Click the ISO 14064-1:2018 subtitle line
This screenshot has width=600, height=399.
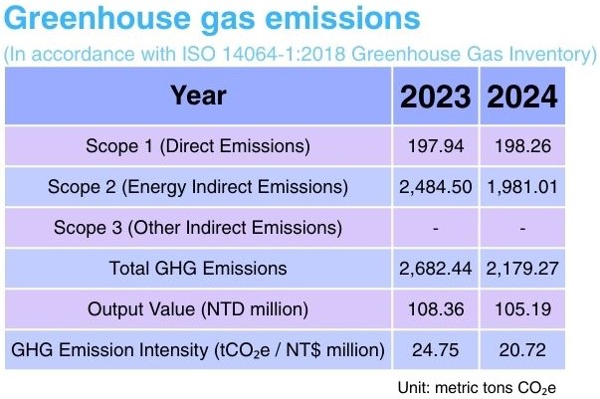coord(300,55)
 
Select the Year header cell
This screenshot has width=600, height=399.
coord(198,97)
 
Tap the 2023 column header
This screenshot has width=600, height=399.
coord(436,98)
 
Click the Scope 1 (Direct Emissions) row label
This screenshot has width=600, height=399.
coord(198,146)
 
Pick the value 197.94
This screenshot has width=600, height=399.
coord(436,146)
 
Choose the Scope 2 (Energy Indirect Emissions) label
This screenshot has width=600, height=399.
coord(198,187)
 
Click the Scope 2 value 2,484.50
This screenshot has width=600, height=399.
coord(436,187)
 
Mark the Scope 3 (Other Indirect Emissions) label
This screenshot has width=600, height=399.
coord(198,228)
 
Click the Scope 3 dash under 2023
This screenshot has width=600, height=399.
coord(436,228)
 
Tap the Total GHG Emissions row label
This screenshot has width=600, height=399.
coord(198,268)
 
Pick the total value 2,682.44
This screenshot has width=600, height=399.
coord(436,268)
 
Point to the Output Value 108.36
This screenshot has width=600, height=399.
coord(436,308)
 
